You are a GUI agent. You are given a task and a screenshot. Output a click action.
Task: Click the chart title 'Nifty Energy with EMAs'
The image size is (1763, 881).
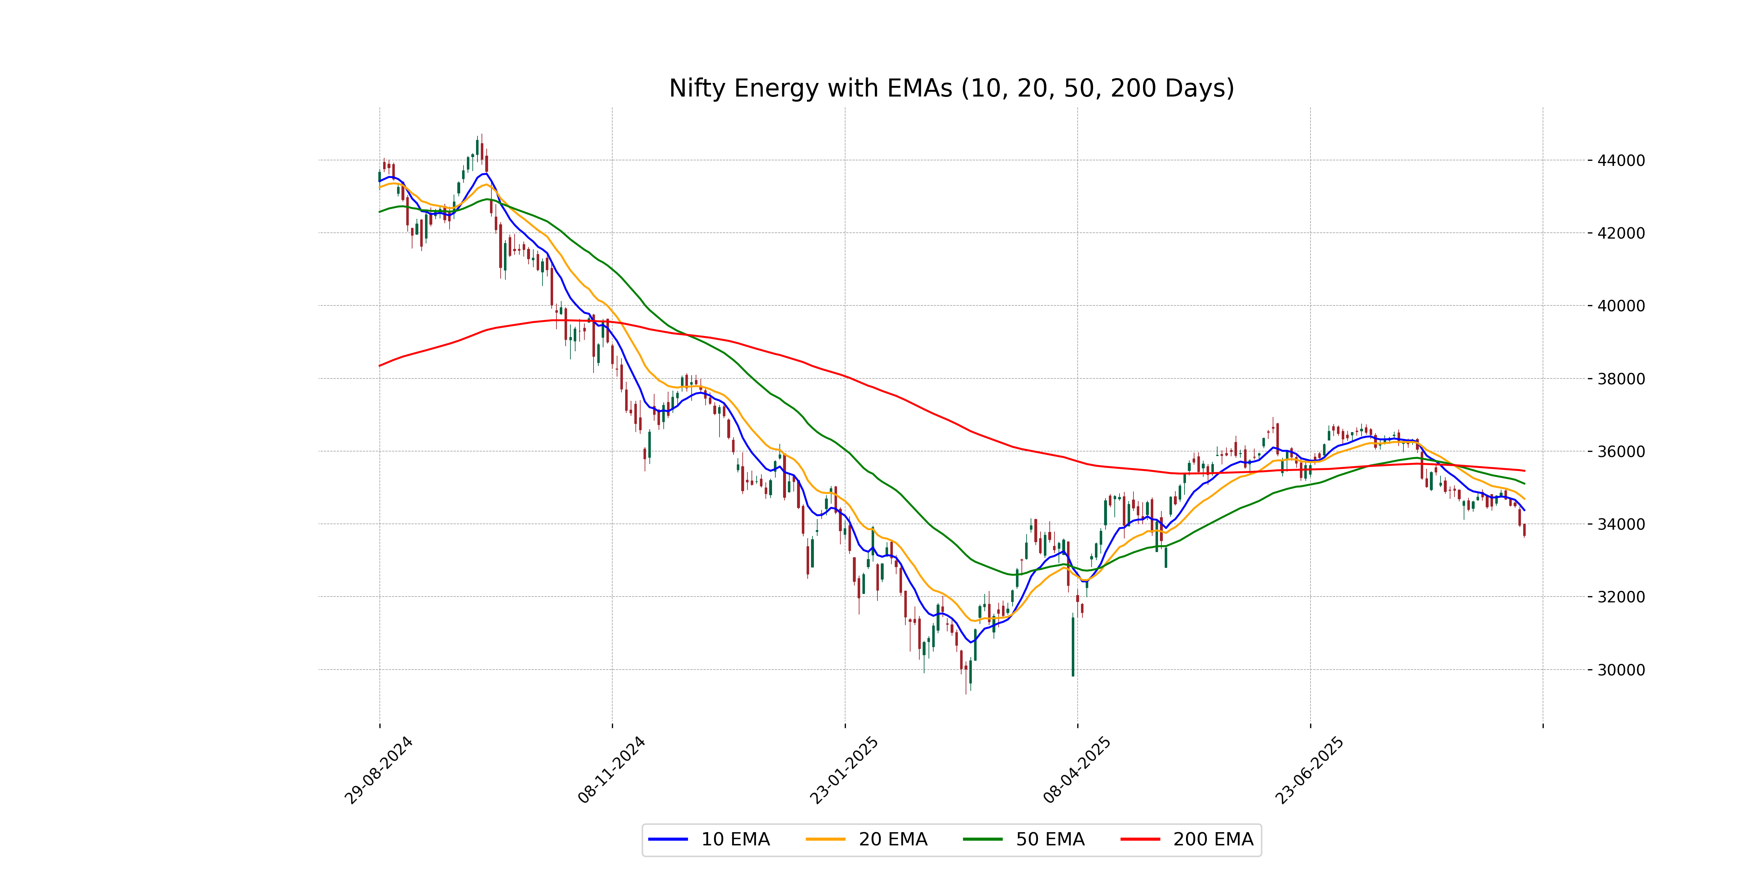951,88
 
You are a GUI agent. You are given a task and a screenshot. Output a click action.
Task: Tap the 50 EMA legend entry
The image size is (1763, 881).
1024,839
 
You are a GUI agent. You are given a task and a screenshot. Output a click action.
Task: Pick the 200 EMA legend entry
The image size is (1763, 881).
1187,839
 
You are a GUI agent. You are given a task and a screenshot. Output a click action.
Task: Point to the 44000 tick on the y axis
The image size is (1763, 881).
1620,161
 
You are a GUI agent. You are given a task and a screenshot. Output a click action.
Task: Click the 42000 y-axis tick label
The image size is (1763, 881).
1620,233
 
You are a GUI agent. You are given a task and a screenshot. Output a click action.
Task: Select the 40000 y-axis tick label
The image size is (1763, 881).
1620,306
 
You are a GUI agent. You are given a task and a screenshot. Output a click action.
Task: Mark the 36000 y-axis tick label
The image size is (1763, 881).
1620,452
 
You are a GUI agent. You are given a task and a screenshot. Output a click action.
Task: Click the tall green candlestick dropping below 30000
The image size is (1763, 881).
1072,646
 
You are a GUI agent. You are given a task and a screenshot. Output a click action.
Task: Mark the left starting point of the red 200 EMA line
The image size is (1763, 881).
380,365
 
